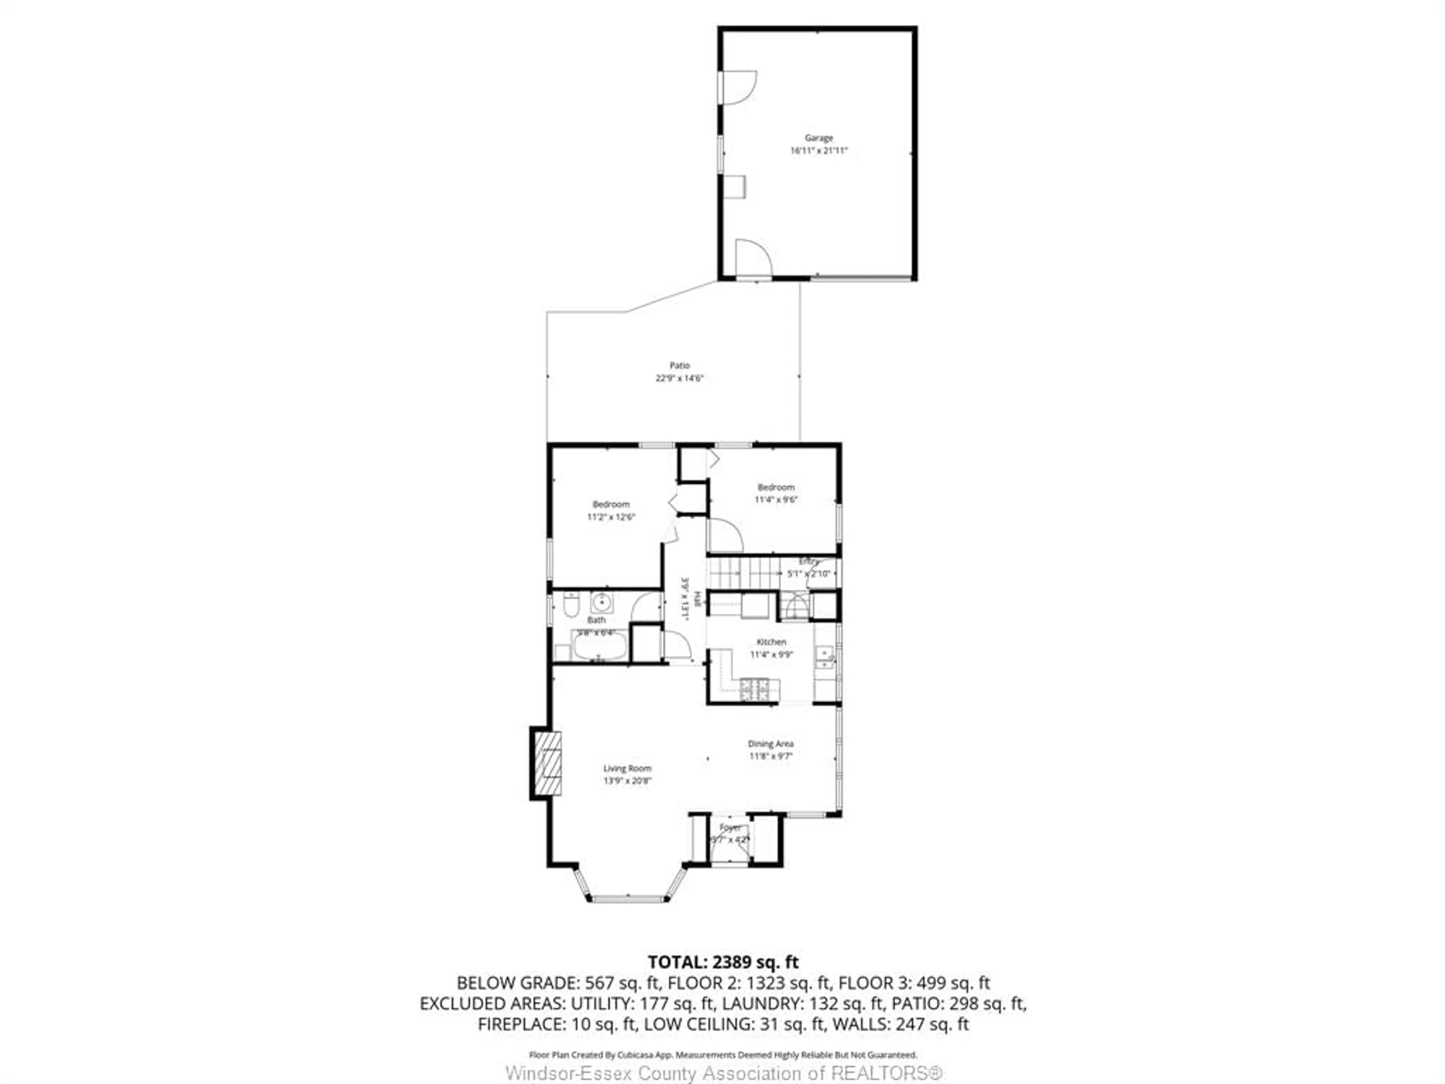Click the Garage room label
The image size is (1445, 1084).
point(818,138)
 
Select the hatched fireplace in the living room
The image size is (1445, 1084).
point(548,763)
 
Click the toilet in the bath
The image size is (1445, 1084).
point(571,605)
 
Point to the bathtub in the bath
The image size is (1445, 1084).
point(600,646)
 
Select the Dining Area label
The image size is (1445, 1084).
point(771,744)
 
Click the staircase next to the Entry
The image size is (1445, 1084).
point(745,573)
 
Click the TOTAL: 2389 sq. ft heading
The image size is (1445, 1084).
point(722,962)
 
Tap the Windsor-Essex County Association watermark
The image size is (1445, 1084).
point(724,1073)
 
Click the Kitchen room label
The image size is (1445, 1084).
point(771,642)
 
